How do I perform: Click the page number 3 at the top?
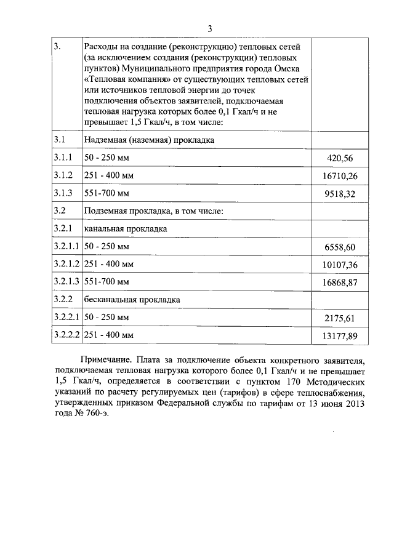click(209, 28)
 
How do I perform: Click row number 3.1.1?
click(63, 158)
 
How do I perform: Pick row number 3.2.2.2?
click(66, 335)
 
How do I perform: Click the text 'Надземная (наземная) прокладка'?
click(149, 140)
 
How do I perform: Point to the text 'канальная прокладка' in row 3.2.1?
click(126, 229)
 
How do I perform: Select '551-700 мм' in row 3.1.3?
click(107, 193)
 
